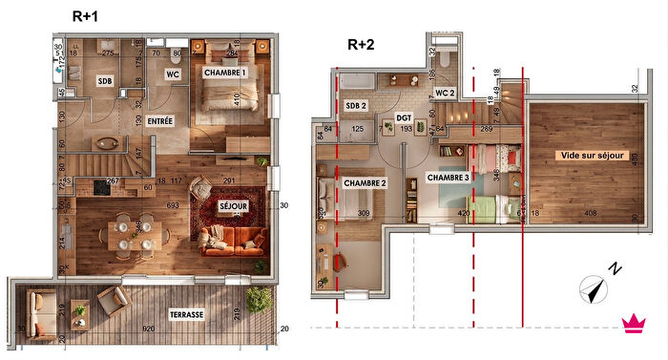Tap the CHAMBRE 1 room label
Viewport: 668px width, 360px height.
pos(225,73)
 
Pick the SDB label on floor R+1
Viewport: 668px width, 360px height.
pos(105,82)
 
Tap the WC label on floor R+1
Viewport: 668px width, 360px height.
pos(173,74)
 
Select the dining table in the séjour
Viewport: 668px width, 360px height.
pos(134,231)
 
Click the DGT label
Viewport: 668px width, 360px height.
pos(405,117)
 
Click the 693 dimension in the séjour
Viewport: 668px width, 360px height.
pos(145,207)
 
